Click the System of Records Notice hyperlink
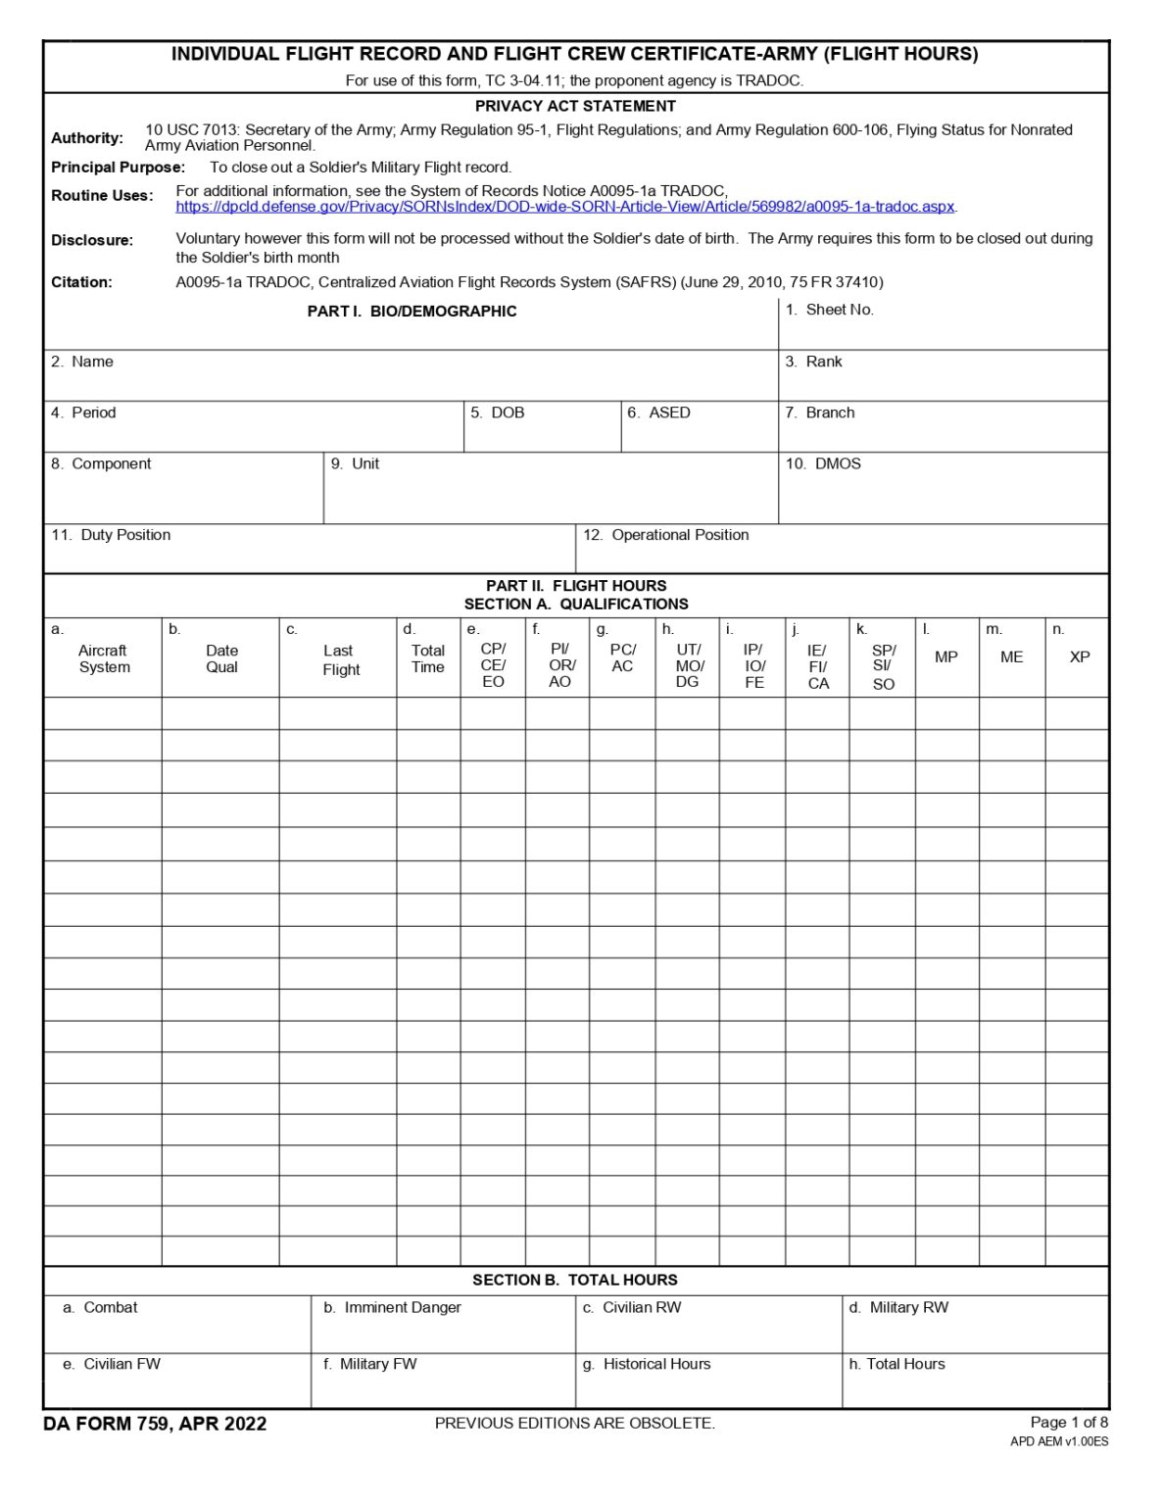pyautogui.click(x=565, y=207)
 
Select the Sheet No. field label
pyautogui.click(x=829, y=310)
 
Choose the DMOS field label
pyautogui.click(x=823, y=463)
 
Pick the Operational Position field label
pyautogui.click(x=666, y=535)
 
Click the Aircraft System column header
pyautogui.click(x=104, y=658)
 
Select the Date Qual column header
pyautogui.click(x=221, y=658)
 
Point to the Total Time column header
pyautogui.click(x=428, y=658)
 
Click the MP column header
pyautogui.click(x=946, y=657)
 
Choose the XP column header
pyautogui.click(x=1080, y=657)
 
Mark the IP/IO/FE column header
pyautogui.click(x=754, y=666)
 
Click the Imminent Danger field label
pyautogui.click(x=393, y=1307)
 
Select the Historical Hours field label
pyautogui.click(x=647, y=1364)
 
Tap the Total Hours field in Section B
pyautogui.click(x=975, y=1382)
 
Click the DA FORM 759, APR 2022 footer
pyautogui.click(x=155, y=1424)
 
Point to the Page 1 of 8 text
pyautogui.click(x=1069, y=1422)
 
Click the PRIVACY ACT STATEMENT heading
pyautogui.click(x=575, y=106)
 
